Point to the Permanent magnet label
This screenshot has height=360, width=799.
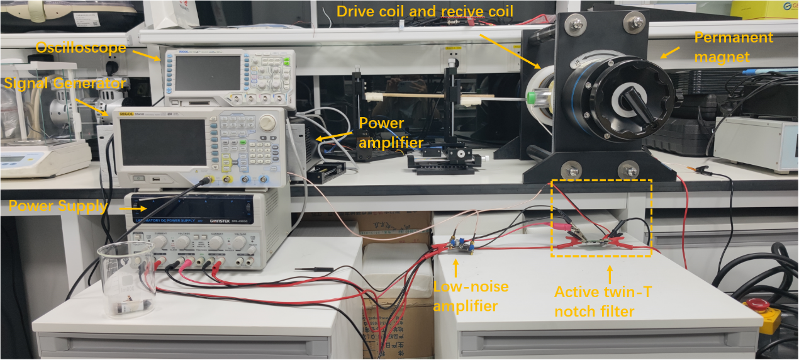734,47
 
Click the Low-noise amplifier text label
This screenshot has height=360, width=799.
471,296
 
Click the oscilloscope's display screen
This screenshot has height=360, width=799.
208,72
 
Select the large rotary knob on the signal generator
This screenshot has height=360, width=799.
267,121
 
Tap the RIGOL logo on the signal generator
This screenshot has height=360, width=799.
131,114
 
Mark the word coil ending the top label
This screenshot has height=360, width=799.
500,11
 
